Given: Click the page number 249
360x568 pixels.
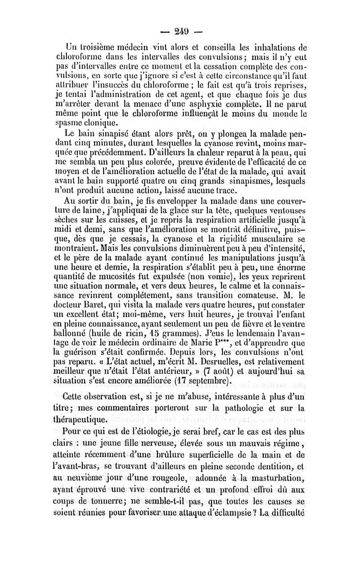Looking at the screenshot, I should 180,32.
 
